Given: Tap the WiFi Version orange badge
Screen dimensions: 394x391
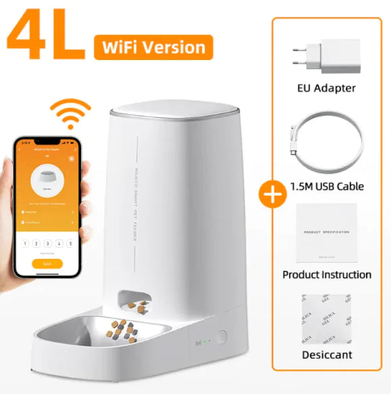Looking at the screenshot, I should point(154,47).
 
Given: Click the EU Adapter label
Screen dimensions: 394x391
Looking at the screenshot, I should point(326,88).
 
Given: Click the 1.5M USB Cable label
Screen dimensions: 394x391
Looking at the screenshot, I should point(326,186).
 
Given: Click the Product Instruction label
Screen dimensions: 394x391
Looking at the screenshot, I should point(326,275).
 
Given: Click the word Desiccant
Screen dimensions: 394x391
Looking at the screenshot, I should point(326,354).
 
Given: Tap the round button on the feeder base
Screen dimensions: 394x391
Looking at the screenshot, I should point(222,337).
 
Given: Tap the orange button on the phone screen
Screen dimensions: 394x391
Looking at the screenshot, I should point(47,264).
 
